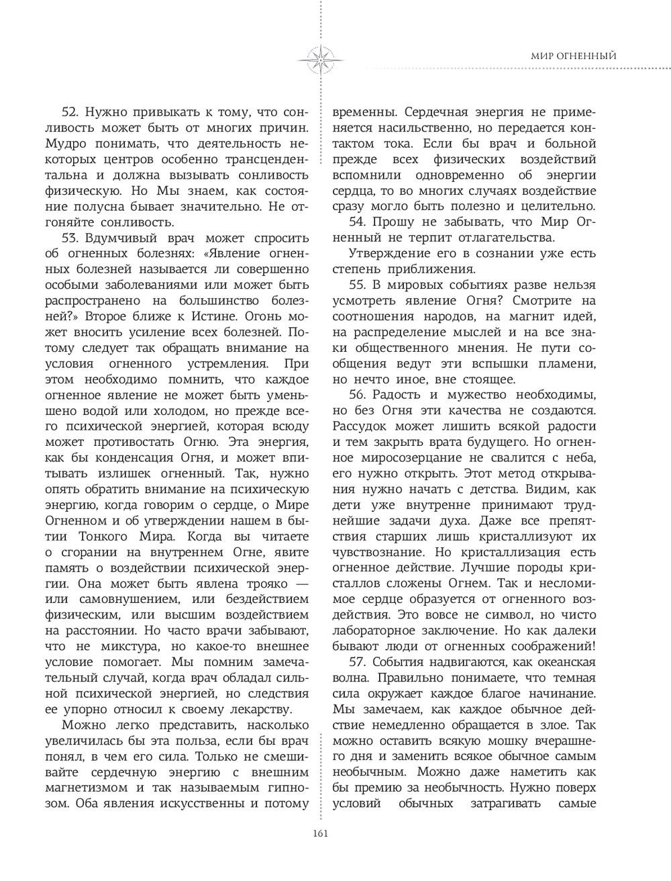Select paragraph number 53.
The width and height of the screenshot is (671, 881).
point(71,238)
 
